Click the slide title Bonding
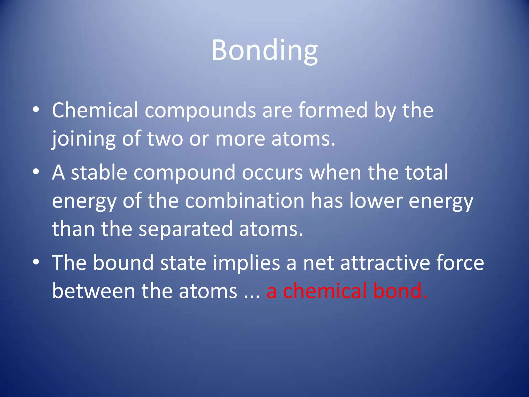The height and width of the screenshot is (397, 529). click(264, 50)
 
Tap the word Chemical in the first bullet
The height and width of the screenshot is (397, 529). click(95, 110)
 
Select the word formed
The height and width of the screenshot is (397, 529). click(333, 110)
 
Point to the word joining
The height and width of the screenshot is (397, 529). click(83, 139)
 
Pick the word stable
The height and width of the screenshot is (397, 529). click(99, 172)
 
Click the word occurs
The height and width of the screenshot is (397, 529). click(272, 172)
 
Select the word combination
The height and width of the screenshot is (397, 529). click(245, 201)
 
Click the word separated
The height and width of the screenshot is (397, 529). click(185, 229)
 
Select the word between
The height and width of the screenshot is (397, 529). click(94, 291)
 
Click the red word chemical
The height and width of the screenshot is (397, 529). click(325, 291)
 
